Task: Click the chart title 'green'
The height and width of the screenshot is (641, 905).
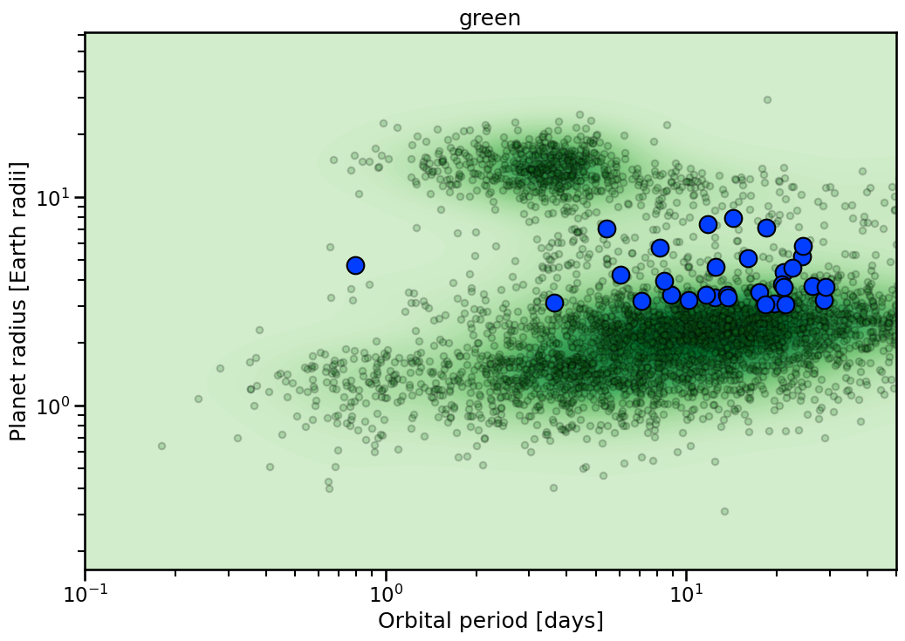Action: point(490,18)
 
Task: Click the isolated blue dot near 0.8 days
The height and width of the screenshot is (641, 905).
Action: point(355,265)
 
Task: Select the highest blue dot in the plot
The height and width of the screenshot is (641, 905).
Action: point(733,218)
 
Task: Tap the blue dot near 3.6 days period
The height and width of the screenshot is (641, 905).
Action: point(554,303)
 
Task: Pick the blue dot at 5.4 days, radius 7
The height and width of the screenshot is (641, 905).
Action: point(607,228)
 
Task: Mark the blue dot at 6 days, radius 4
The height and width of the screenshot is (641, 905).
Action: point(620,275)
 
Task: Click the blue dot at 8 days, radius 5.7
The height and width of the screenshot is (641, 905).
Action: point(660,248)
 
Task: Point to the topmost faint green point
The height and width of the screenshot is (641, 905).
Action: point(767,99)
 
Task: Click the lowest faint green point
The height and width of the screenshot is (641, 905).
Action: point(724,511)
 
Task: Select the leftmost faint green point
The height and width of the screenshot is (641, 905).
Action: point(161,446)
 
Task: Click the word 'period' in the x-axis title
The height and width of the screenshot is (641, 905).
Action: point(495,622)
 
